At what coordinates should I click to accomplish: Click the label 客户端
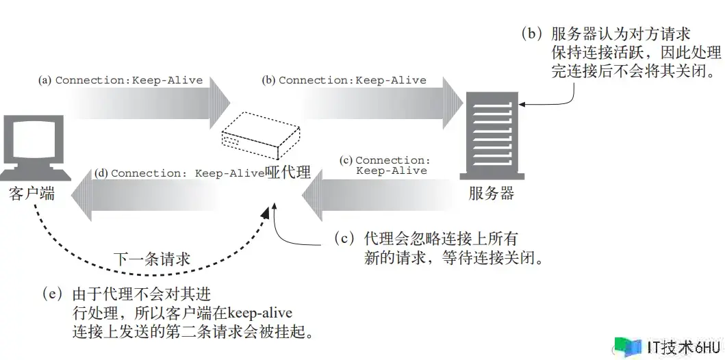coord(31,194)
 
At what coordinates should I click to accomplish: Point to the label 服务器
coord(491,194)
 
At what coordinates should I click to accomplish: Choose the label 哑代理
coord(288,173)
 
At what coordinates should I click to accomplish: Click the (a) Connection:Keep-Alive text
coord(120,80)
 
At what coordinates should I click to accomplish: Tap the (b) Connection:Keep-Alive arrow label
coord(344,80)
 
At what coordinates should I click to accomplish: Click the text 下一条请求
coord(151,258)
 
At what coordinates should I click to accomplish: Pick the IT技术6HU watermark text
coord(674,346)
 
